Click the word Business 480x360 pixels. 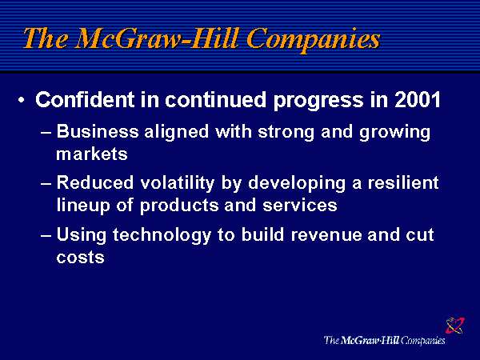pos(95,132)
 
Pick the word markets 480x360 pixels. pos(92,154)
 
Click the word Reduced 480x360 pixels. pos(94,183)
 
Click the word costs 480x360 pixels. pos(80,257)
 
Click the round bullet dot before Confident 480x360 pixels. pos(22,102)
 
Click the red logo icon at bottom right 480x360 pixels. pos(454,326)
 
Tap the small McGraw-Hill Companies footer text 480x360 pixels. pos(384,340)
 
